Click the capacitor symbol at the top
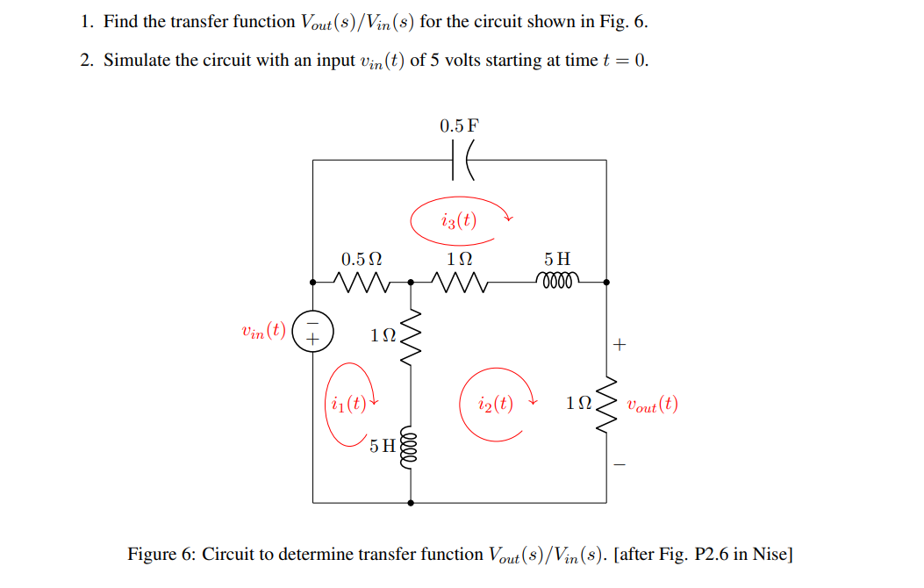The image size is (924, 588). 460,161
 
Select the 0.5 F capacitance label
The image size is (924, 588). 460,125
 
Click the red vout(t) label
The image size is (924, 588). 652,405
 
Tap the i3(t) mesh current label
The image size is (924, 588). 459,220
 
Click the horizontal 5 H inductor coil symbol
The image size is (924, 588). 557,282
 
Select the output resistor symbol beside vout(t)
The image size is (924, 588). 606,404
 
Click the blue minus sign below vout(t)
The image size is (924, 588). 620,465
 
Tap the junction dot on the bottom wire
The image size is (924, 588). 410,503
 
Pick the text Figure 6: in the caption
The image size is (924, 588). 161,555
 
